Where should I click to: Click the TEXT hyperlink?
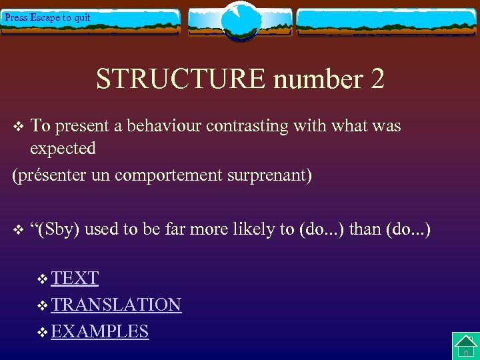pyautogui.click(x=75, y=278)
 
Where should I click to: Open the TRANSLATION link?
pyautogui.click(x=116, y=305)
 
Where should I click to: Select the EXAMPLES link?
pyautogui.click(x=100, y=331)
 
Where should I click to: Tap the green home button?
pyautogui.click(x=465, y=346)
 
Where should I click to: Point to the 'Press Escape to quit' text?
pyautogui.click(x=47, y=17)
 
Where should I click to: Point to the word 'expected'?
pyautogui.click(x=63, y=148)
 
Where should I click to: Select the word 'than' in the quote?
pyautogui.click(x=365, y=229)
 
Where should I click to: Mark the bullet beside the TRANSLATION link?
pyautogui.click(x=43, y=306)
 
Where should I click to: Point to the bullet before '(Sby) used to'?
pyautogui.click(x=19, y=231)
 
